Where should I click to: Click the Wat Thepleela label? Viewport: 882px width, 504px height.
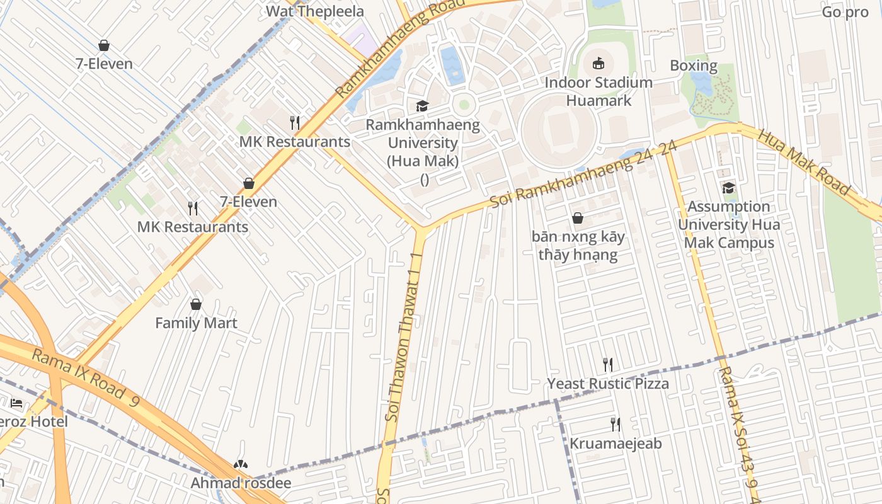point(314,11)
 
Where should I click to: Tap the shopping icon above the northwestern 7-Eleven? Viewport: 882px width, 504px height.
point(104,45)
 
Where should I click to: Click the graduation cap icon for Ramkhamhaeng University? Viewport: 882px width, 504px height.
point(421,106)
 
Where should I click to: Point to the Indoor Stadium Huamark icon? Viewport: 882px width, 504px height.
point(598,63)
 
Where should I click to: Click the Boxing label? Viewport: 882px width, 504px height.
point(693,66)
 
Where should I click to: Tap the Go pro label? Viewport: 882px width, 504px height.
point(845,12)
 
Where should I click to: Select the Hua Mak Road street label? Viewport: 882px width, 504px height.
point(804,162)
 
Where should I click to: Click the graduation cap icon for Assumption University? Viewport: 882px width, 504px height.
point(728,188)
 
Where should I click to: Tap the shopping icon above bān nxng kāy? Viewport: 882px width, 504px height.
point(577,219)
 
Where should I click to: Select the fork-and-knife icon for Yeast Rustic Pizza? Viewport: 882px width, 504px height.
point(607,364)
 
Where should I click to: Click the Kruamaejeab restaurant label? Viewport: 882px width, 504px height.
point(616,444)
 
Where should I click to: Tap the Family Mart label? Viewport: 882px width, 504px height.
point(196,323)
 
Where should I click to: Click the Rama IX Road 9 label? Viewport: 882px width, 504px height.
point(84,376)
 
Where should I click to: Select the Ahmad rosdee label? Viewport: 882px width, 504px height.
point(241,483)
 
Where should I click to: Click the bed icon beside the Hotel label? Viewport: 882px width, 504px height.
point(16,403)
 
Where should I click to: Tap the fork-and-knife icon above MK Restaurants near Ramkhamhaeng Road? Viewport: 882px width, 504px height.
point(294,122)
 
